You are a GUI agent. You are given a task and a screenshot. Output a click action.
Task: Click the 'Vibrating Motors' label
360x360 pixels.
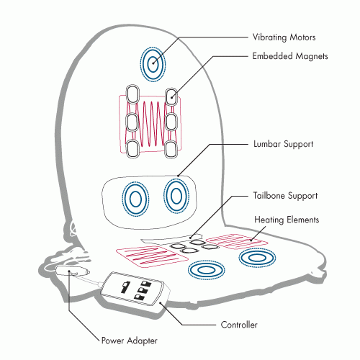(x=284, y=37)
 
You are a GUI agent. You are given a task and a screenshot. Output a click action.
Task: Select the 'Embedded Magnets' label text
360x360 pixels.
(x=290, y=56)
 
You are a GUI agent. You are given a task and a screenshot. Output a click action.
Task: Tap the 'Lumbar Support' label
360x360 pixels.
(x=284, y=144)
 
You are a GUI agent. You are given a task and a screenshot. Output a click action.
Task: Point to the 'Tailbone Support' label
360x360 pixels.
(x=285, y=196)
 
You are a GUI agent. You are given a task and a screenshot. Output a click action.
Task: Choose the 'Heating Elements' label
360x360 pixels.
(x=287, y=220)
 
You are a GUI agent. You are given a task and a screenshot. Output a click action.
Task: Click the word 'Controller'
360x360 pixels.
(x=239, y=325)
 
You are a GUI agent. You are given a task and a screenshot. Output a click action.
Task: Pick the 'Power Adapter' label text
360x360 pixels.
(x=130, y=341)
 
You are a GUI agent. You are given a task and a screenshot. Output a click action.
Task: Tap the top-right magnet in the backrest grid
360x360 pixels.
(x=171, y=97)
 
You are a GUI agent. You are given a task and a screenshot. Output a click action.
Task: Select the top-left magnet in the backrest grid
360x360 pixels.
(x=132, y=94)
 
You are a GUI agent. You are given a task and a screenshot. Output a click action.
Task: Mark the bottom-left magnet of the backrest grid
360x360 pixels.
(x=132, y=148)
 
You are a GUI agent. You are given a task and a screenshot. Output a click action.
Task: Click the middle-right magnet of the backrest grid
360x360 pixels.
(x=171, y=122)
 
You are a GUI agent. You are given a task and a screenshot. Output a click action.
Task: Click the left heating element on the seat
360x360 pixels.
(x=152, y=257)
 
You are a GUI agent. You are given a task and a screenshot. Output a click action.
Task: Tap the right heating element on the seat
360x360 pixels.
(x=237, y=241)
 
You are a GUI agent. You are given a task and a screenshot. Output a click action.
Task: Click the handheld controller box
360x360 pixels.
(x=135, y=290)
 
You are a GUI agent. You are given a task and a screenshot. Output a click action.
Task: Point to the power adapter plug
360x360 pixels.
(x=73, y=271)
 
